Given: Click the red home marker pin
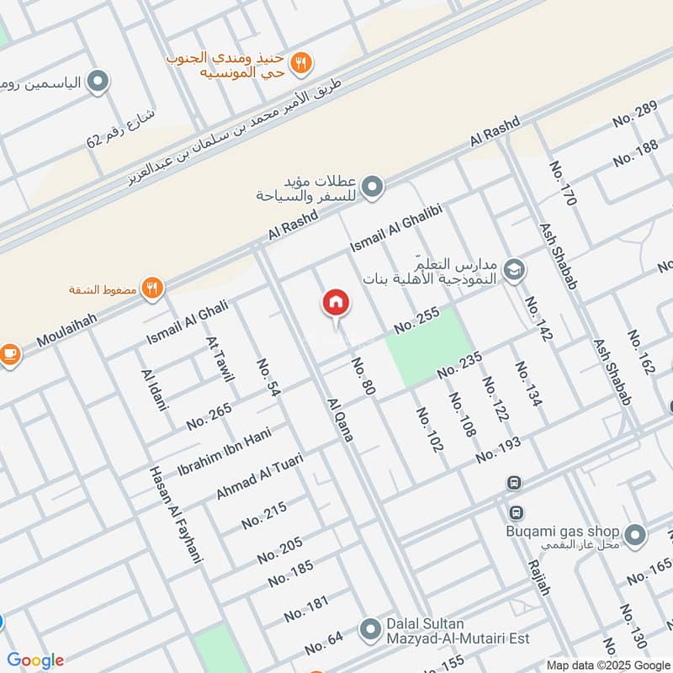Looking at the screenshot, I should click(336, 303).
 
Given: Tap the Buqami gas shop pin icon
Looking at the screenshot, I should click(636, 533).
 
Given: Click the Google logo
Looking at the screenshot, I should click(35, 660).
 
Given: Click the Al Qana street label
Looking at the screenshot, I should click(340, 418).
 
